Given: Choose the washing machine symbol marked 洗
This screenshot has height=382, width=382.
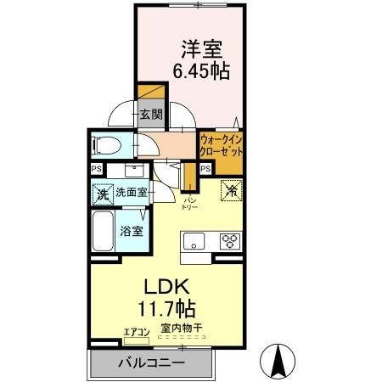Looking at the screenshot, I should pos(102,193).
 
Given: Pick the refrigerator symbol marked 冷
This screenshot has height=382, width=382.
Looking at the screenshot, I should pos(229,190).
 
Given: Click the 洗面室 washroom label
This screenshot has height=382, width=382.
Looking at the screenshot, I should pos(132,193).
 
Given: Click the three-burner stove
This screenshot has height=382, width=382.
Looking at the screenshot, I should pos(230,239).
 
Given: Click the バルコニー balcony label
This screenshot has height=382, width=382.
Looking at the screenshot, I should pos(151,365).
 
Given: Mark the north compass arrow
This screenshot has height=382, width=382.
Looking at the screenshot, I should pos(278,361).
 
